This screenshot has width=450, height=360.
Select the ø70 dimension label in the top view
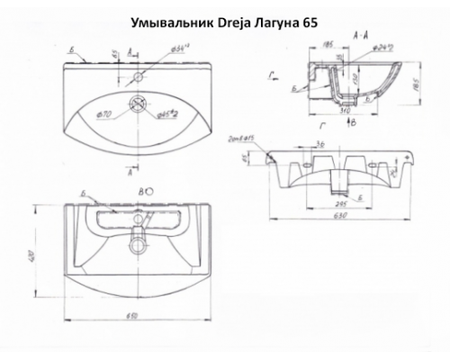click(x=103, y=115)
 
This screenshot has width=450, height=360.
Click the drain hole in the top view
click(x=139, y=104)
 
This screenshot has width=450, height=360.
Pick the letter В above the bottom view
click(x=140, y=193)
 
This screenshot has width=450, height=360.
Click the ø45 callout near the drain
click(x=167, y=116)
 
